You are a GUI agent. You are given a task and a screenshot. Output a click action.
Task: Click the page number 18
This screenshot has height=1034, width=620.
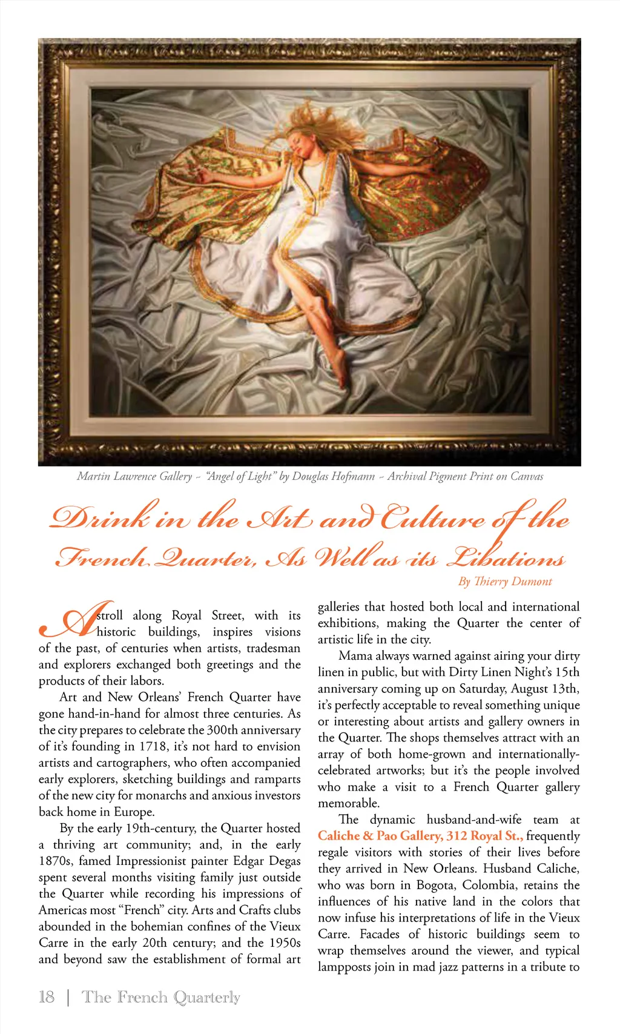coord(47,996)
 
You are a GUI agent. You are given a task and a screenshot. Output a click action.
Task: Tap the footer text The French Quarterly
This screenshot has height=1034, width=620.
coord(160,996)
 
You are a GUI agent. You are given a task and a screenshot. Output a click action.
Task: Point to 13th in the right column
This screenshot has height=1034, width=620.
coord(564,689)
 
